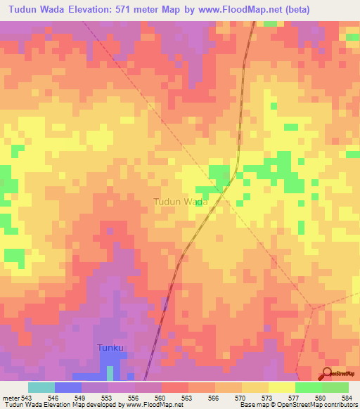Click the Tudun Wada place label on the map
181,202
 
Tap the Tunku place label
110,348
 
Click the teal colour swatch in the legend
41,387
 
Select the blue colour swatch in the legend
68,387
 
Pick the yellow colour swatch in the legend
281,387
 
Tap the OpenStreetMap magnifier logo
328,374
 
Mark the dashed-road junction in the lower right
313,308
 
